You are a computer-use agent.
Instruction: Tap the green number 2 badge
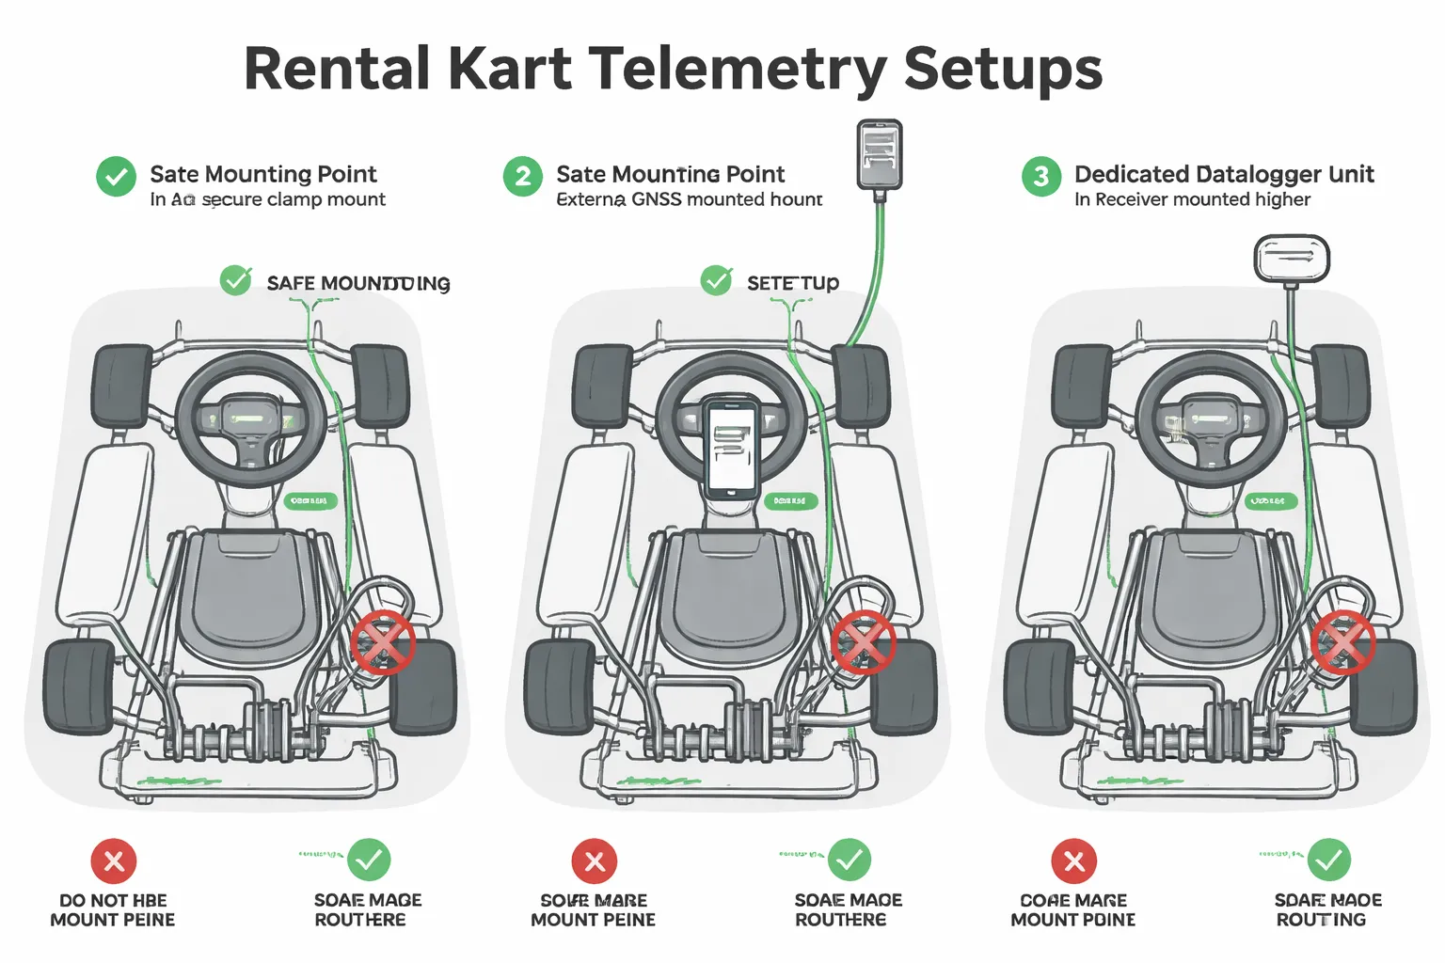[522, 176]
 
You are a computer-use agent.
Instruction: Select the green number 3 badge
[1040, 176]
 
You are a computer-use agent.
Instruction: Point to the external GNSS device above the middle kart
[879, 154]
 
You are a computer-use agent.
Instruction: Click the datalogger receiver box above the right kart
[1291, 258]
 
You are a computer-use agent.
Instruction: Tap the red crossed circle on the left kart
[383, 642]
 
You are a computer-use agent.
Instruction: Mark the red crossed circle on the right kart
[1343, 643]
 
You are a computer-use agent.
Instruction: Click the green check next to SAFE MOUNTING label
[235, 280]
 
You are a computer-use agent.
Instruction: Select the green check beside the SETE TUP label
[716, 280]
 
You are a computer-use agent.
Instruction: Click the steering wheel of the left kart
[251, 418]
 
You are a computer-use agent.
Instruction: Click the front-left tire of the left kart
[121, 386]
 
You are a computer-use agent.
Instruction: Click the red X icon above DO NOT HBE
[114, 860]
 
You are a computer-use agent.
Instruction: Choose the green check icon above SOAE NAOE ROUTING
[1328, 860]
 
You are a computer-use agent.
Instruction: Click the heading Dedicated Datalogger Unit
[1223, 174]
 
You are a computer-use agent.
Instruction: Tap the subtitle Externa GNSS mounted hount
[689, 199]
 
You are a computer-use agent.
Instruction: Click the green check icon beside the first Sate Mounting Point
[116, 176]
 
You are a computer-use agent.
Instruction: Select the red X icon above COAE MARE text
[1073, 860]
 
